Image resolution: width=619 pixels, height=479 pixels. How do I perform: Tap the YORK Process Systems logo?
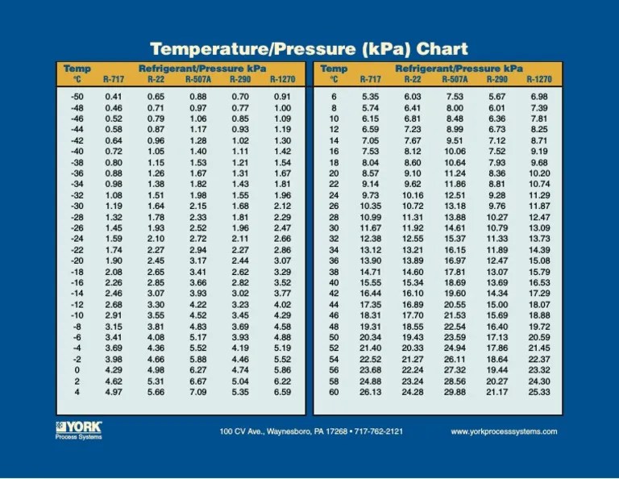pos(78,430)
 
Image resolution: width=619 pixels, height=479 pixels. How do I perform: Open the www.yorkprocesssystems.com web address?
pos(504,431)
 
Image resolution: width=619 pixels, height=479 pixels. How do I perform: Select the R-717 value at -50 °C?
pos(114,97)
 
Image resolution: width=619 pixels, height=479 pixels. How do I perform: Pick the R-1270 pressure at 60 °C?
pos(539,392)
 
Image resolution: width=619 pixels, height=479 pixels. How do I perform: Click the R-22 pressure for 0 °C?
pos(156,370)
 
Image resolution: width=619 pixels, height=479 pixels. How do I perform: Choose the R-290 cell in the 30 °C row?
pos(496,228)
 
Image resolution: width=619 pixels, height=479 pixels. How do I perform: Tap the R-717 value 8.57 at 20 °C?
pos(371,173)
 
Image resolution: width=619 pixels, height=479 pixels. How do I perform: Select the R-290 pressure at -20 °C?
pos(240,260)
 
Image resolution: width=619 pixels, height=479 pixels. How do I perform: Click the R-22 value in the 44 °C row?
pos(413,305)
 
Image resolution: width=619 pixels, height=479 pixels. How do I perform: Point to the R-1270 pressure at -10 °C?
pos(282,315)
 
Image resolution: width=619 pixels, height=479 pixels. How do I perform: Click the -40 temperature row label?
pos(77,152)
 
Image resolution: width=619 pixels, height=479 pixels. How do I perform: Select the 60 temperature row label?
pos(334,392)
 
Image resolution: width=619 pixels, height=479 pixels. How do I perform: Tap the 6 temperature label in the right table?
pos(334,97)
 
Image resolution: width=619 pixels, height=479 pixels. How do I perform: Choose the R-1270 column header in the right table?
pos(539,80)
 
